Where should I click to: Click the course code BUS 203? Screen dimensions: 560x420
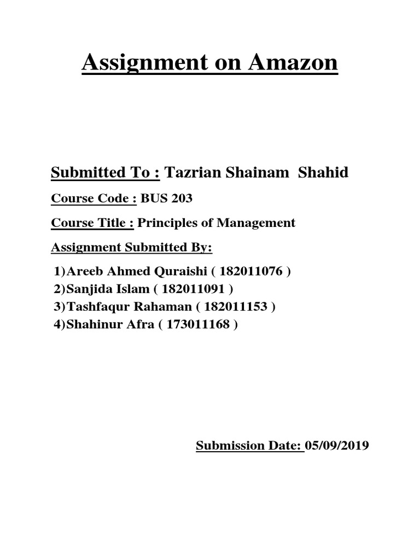coord(166,199)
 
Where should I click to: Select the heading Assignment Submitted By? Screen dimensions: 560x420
coord(131,248)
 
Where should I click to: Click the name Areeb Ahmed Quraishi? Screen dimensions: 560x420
coord(138,272)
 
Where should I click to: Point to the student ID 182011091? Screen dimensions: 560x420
coord(199,289)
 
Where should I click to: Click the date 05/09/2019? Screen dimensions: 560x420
coord(339,446)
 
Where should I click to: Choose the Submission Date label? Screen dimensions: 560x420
coord(249,446)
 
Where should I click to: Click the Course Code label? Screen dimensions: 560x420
coord(94,199)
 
